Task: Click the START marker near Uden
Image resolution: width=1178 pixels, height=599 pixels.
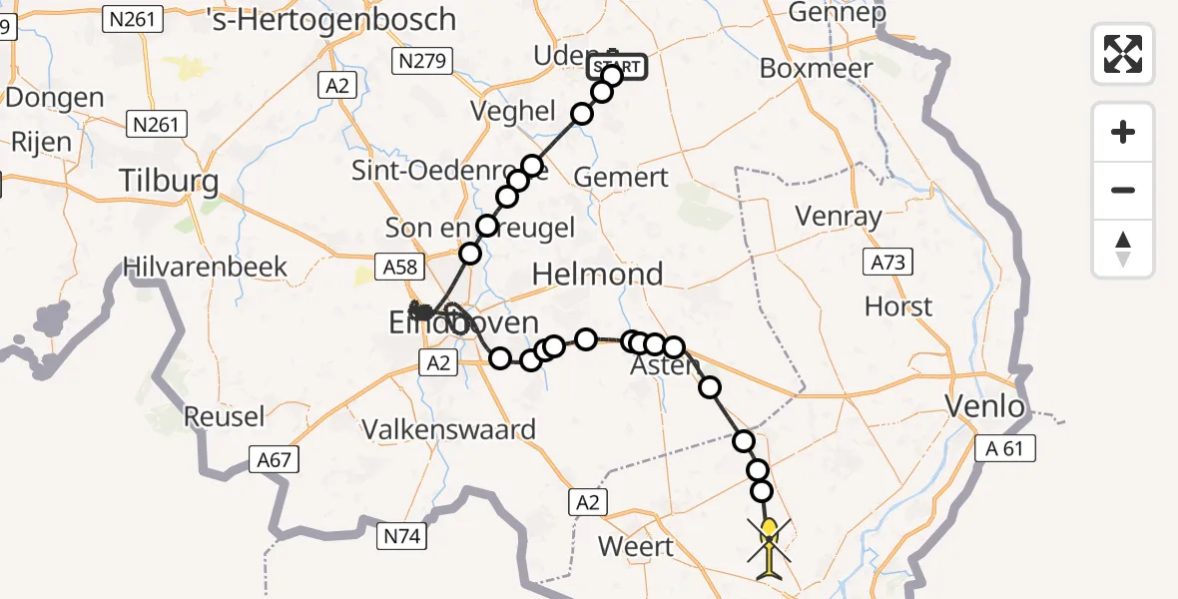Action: click(x=619, y=68)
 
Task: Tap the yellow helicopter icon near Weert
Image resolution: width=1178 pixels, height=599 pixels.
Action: click(x=769, y=547)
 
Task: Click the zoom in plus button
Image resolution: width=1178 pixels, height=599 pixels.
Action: click(x=1123, y=132)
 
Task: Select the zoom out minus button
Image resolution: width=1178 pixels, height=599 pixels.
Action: click(x=1123, y=190)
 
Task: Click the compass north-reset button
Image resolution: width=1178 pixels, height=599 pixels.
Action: click(x=1123, y=249)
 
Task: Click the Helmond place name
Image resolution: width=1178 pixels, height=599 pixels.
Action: click(x=598, y=274)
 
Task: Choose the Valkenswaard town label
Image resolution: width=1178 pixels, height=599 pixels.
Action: click(x=448, y=430)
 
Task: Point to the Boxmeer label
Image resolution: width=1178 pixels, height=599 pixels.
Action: click(x=816, y=69)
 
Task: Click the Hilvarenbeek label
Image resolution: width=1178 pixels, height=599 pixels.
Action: click(x=205, y=268)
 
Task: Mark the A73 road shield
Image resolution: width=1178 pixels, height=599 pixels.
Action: click(x=885, y=263)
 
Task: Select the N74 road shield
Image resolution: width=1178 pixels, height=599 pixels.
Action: click(x=404, y=537)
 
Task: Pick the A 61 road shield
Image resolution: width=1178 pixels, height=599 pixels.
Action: click(x=1004, y=449)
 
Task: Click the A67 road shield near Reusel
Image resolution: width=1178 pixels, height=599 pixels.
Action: click(x=275, y=459)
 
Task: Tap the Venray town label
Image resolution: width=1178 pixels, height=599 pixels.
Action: click(x=838, y=216)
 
